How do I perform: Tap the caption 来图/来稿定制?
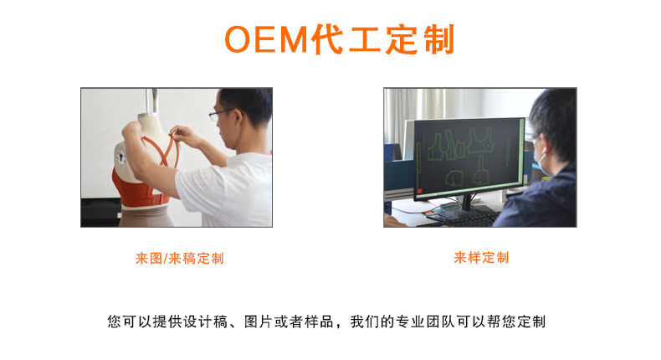pos(179,259)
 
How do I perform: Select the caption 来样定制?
pos(481,258)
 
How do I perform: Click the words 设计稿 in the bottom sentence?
pos(202,321)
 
